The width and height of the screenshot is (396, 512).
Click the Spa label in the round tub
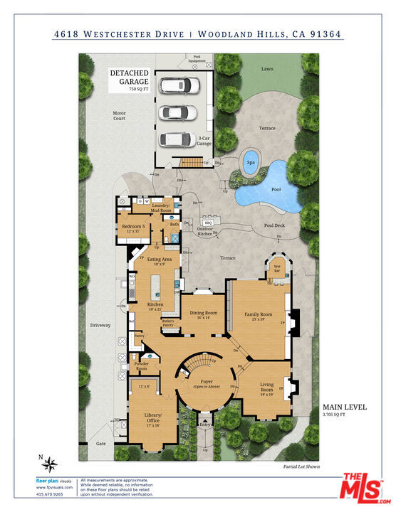[x=251, y=162]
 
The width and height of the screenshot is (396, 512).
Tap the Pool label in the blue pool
[x=276, y=190]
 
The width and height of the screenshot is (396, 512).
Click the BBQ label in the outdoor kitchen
[x=209, y=223]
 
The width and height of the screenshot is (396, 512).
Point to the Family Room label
[x=259, y=316]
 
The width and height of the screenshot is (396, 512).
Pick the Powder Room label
[x=141, y=366]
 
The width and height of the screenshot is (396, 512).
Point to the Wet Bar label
[x=277, y=270]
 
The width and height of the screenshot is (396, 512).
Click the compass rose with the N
[x=49, y=465]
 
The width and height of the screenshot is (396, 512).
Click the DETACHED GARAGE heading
[x=129, y=78]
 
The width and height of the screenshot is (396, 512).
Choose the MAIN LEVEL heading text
[x=345, y=407]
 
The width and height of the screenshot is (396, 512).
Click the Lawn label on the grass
[x=267, y=69]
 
